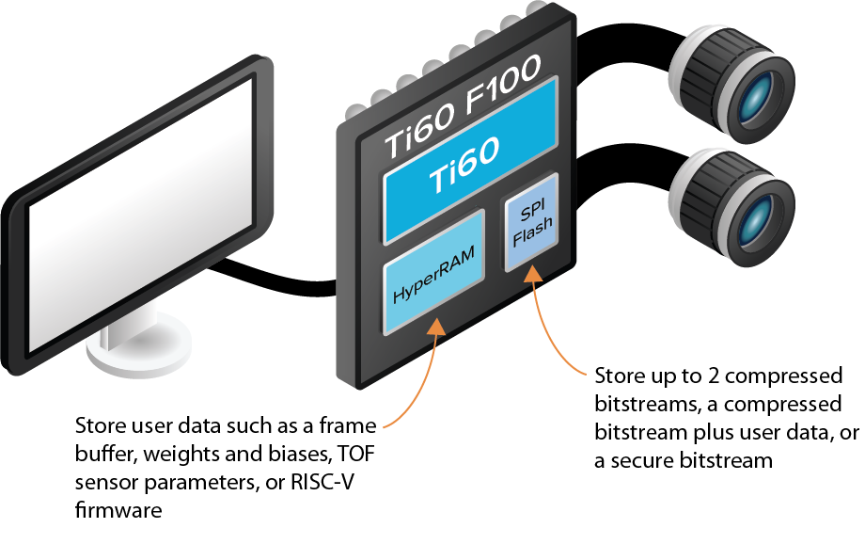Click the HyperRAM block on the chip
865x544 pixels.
434,272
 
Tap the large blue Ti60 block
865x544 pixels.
470,160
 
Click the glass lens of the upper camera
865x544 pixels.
755,101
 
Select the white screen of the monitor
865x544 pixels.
141,213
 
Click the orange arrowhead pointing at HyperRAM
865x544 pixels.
436,327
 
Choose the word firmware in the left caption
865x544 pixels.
118,510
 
